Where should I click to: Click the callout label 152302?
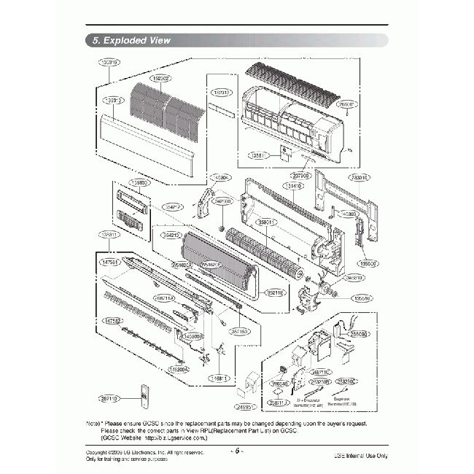[160, 78]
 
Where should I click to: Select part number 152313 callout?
[222, 93]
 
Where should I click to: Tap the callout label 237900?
[301, 175]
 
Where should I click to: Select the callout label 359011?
[267, 222]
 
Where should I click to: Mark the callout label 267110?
[110, 399]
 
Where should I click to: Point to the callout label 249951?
[244, 407]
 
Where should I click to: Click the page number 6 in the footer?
[236, 450]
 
